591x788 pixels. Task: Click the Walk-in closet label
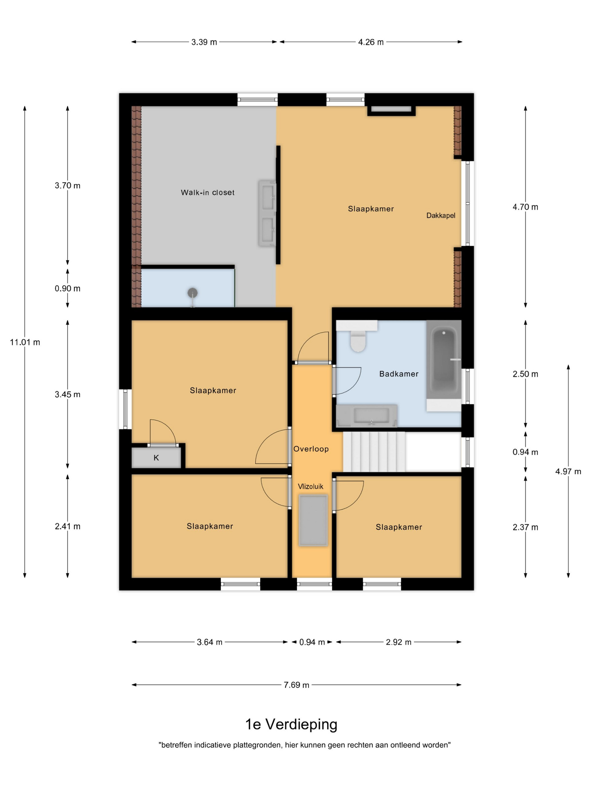(x=207, y=192)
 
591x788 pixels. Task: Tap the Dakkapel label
(x=441, y=215)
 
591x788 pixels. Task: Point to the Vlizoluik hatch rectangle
(x=313, y=520)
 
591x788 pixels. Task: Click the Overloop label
(x=311, y=449)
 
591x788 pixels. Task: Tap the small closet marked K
(x=156, y=458)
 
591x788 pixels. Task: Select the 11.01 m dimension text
(x=25, y=342)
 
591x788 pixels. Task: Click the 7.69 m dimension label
(x=296, y=685)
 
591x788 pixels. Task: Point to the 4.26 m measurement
(x=371, y=42)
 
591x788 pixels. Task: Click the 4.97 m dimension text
(x=568, y=471)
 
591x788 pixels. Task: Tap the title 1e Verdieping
(x=291, y=724)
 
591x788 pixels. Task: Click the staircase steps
(x=374, y=452)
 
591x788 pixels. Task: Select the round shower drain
(x=192, y=293)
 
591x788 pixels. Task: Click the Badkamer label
(x=399, y=374)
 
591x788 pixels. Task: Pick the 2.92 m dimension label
(x=398, y=642)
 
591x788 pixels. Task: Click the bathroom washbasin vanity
(x=367, y=415)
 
